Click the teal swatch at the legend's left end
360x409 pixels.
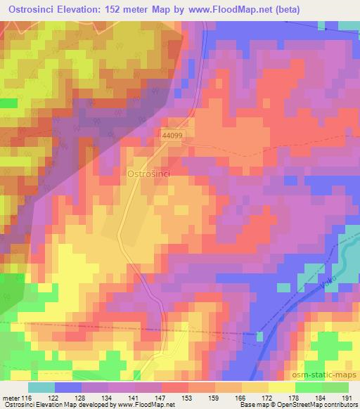click(x=41, y=387)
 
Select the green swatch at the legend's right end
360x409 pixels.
click(x=335, y=387)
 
